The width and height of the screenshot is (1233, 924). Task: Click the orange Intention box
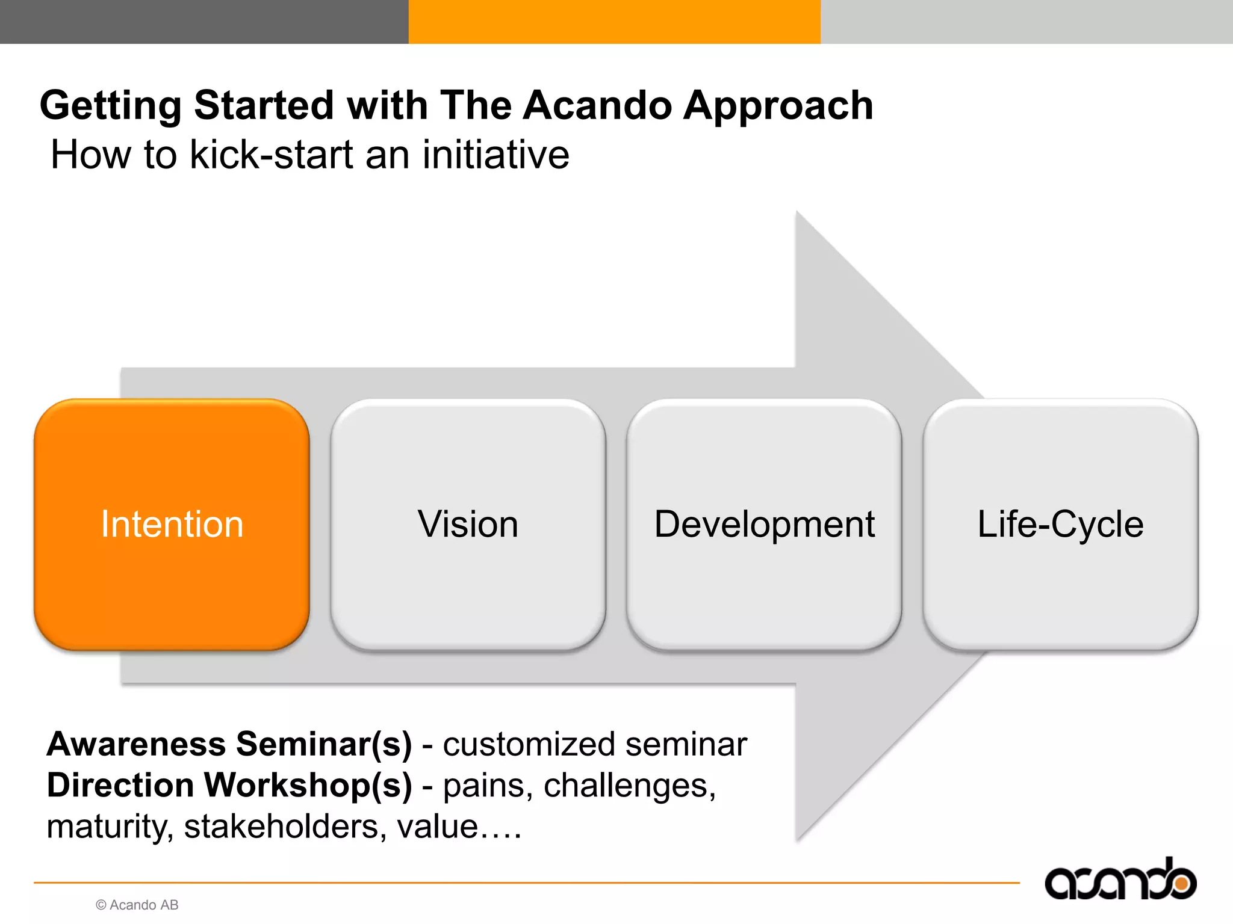click(172, 524)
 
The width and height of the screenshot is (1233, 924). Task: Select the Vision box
click(468, 524)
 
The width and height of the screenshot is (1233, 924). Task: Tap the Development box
click(764, 524)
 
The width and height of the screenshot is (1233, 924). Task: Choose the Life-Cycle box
click(1060, 524)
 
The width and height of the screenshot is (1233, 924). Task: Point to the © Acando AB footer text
click(137, 905)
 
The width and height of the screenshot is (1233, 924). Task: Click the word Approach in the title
click(778, 106)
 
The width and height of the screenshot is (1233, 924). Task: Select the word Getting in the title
click(111, 106)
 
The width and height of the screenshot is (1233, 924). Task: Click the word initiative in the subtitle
click(495, 155)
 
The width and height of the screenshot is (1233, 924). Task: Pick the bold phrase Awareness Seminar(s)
click(229, 744)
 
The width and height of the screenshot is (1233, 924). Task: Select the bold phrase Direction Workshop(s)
click(229, 786)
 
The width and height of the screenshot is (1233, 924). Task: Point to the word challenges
click(629, 786)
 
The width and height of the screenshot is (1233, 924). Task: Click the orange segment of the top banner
click(614, 22)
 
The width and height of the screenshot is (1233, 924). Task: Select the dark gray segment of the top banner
click(204, 22)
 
